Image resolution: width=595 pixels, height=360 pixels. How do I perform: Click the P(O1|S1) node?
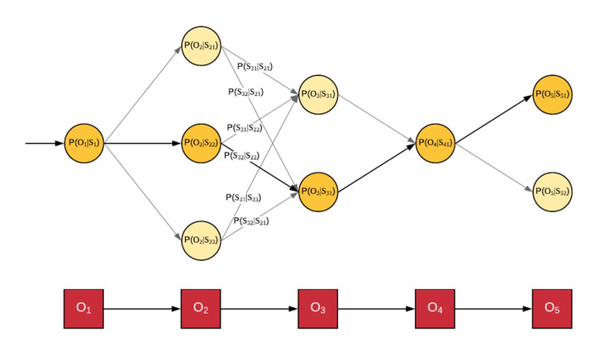[x=84, y=143]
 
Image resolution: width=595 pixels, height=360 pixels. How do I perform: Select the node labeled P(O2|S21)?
[x=201, y=46]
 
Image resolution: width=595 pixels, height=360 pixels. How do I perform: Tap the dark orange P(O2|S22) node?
[x=201, y=143]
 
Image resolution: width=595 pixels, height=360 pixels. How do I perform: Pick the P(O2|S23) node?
[x=201, y=239]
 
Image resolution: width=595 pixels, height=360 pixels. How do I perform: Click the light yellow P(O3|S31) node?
[x=318, y=94]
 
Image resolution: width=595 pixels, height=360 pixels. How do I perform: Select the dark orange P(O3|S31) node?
[x=318, y=192]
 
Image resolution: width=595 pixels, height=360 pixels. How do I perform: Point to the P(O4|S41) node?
[x=436, y=143]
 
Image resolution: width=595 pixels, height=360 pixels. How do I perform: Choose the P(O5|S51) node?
[x=552, y=94]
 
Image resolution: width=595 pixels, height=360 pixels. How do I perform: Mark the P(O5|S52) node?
[x=552, y=192]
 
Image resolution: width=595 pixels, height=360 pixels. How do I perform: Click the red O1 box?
[x=84, y=308]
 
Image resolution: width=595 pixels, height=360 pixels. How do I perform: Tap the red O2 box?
[x=201, y=308]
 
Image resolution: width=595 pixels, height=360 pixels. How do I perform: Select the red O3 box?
[x=318, y=308]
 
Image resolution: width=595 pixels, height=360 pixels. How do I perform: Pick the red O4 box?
[x=436, y=308]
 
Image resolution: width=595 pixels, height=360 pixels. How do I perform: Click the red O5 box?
[x=552, y=308]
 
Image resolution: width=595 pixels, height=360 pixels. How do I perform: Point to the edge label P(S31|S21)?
[x=255, y=66]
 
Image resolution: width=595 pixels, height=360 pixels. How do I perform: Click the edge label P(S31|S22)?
[x=245, y=127]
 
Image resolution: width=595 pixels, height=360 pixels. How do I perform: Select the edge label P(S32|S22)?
[x=242, y=154]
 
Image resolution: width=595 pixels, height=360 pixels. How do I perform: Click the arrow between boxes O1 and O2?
[x=142, y=308]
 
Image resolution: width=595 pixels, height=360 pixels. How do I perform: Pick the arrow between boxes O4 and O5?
[x=493, y=308]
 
